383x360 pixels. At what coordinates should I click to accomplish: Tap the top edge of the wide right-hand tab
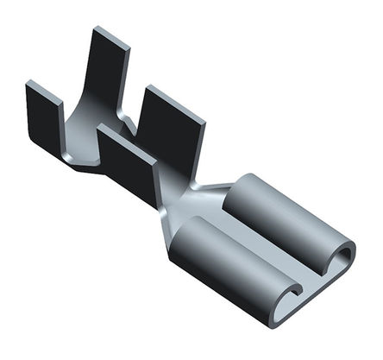176,96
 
